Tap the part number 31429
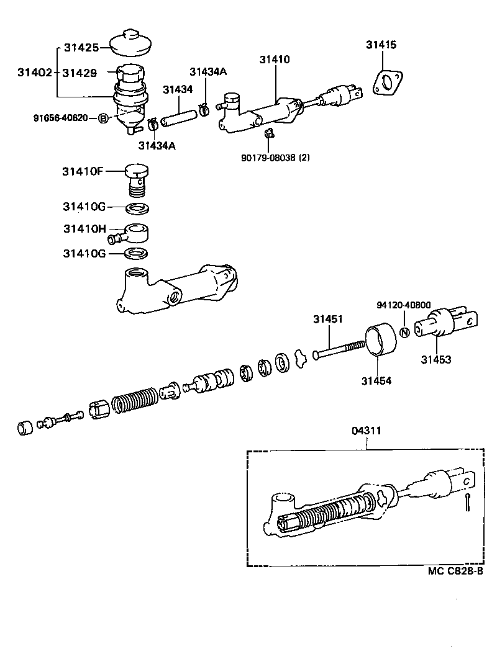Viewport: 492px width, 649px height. point(79,73)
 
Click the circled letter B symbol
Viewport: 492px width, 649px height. point(104,118)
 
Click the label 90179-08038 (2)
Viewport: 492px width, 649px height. point(275,158)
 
